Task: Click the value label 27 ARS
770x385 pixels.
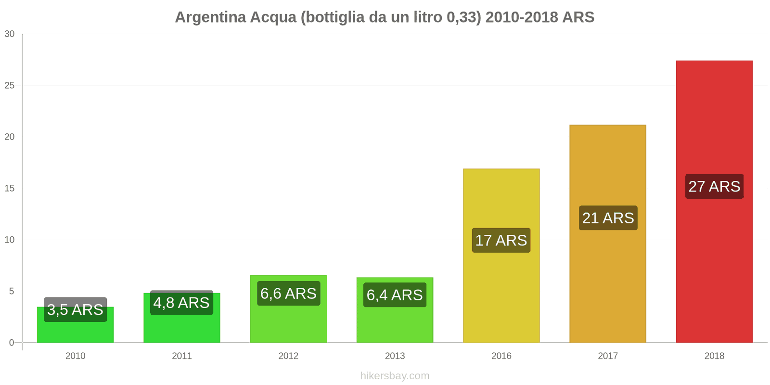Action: tap(714, 186)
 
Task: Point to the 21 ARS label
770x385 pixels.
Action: tap(608, 218)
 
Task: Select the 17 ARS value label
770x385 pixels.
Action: tap(501, 240)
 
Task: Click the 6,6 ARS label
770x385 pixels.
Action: tap(288, 294)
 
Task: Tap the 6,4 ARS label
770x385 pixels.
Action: tap(395, 295)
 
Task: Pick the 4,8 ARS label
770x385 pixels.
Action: tap(181, 303)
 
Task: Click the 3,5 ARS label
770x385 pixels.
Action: tap(75, 309)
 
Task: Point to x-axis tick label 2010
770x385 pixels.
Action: tap(75, 356)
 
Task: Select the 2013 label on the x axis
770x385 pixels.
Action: tap(395, 356)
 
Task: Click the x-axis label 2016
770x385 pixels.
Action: tap(501, 356)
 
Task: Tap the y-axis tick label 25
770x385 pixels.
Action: tap(10, 85)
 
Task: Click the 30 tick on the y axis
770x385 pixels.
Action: tap(10, 34)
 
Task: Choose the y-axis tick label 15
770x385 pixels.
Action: tap(10, 188)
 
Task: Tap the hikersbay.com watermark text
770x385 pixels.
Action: tap(395, 376)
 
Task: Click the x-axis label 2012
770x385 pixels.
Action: tap(288, 356)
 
